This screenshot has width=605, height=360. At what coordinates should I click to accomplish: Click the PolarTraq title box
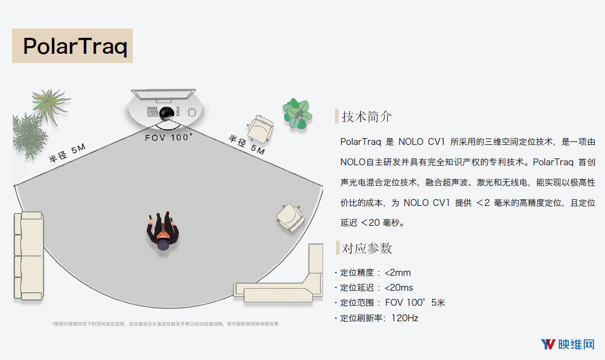pyautogui.click(x=72, y=46)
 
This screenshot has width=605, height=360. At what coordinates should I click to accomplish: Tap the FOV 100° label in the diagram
pyautogui.click(x=169, y=137)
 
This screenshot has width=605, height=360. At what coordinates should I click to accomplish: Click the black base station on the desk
pyautogui.click(x=166, y=113)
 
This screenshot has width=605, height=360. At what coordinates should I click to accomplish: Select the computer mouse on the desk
pyautogui.click(x=192, y=112)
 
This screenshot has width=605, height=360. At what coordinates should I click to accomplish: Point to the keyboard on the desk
pyautogui.click(x=153, y=112)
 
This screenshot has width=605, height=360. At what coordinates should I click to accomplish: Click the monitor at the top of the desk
pyautogui.click(x=163, y=95)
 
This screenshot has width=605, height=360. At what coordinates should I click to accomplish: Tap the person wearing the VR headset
pyautogui.click(x=162, y=231)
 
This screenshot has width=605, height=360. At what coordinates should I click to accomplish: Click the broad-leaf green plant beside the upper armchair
pyautogui.click(x=297, y=113)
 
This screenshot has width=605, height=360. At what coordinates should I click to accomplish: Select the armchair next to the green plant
pyautogui.click(x=260, y=129)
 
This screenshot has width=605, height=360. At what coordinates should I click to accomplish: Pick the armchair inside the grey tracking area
pyautogui.click(x=290, y=217)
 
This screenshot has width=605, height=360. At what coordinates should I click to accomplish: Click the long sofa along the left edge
pyautogui.click(x=29, y=256)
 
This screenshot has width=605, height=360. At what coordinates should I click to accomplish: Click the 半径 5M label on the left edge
pyautogui.click(x=67, y=153)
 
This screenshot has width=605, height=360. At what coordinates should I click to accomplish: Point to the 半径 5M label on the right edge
pyautogui.click(x=247, y=145)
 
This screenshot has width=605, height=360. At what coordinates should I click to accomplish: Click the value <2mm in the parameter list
pyautogui.click(x=398, y=273)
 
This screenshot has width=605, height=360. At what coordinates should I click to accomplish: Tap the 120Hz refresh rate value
pyautogui.click(x=405, y=318)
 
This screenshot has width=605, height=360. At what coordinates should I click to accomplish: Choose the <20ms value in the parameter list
pyautogui.click(x=398, y=288)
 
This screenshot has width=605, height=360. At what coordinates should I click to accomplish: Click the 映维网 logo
pyautogui.click(x=568, y=344)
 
